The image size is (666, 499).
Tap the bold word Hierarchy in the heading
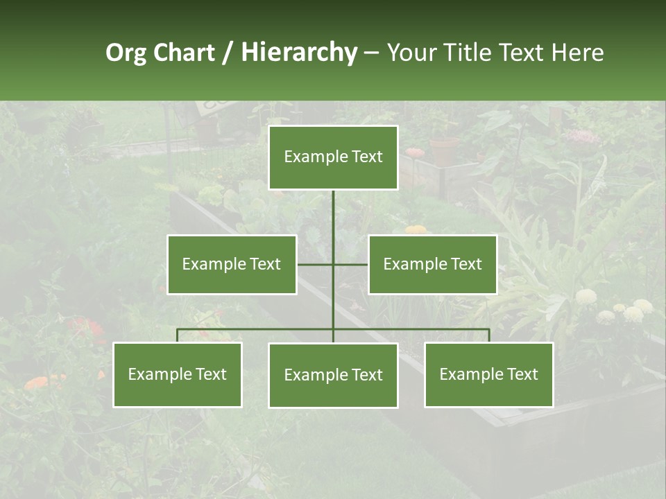[x=298, y=53]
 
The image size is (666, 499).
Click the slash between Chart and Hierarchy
[x=228, y=53]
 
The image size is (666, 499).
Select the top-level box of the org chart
[x=333, y=157]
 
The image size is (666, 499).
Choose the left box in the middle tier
[x=232, y=264]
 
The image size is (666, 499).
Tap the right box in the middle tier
[x=432, y=264]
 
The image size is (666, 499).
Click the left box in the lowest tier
[x=178, y=374]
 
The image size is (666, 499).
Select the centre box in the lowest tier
[x=333, y=375]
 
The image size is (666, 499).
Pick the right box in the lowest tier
[x=488, y=374]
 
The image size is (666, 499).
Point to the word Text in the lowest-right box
[x=522, y=374]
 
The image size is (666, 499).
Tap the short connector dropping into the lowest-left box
[x=178, y=335]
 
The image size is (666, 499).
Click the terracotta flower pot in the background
[x=444, y=150]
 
